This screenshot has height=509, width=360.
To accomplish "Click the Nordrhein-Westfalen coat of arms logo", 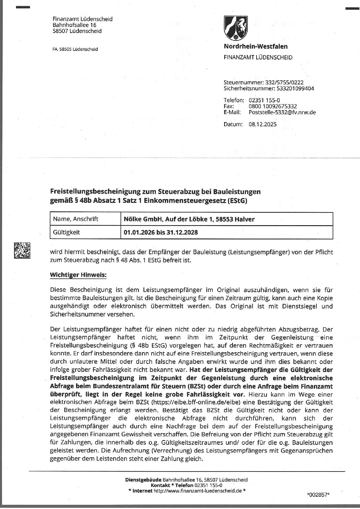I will click(x=236, y=28).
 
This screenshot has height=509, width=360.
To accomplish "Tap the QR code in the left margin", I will click(x=22, y=250).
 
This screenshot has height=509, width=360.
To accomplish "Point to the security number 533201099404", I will click(x=295, y=88).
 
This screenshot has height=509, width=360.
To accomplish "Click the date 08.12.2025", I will click(x=263, y=124).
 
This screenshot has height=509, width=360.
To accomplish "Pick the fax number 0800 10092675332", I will click(x=273, y=106).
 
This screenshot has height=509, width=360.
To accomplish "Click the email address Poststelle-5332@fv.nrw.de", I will click(x=282, y=112).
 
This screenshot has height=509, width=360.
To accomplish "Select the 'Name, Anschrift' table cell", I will click(x=76, y=219).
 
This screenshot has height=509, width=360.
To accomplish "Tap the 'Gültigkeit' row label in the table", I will click(x=67, y=232).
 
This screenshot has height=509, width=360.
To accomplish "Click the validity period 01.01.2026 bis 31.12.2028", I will click(x=161, y=232).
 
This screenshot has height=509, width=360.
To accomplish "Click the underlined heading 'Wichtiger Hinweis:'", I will click(x=78, y=275).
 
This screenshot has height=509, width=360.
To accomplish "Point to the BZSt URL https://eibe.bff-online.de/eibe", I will click(x=195, y=402).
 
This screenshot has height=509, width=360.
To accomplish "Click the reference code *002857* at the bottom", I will click(x=318, y=494).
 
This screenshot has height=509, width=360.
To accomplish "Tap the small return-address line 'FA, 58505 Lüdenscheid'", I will click(x=75, y=49).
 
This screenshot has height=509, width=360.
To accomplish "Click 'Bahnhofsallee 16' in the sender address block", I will click(x=74, y=25).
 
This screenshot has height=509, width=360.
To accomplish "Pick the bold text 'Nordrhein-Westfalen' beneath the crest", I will click(x=256, y=46).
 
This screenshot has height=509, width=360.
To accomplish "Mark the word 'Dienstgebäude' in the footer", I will click(x=143, y=480).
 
